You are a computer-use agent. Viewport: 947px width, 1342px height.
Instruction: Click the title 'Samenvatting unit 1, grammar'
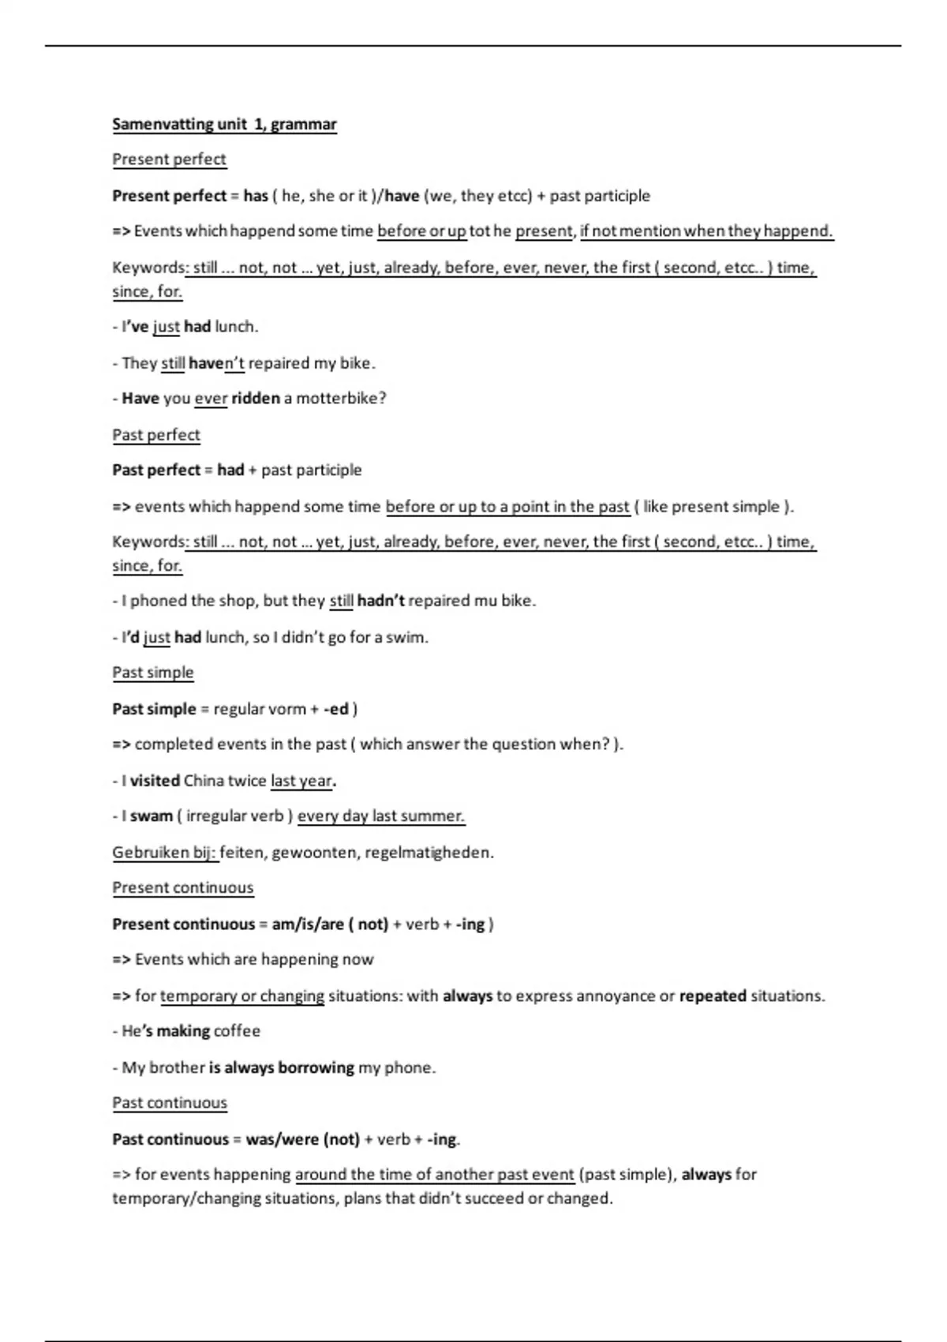224,125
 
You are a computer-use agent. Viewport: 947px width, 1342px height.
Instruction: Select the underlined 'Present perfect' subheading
169,159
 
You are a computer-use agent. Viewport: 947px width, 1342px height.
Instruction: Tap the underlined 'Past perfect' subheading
156,435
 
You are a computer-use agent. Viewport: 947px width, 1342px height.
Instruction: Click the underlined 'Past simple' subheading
153,673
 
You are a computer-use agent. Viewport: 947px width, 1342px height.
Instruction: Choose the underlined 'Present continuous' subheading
183,888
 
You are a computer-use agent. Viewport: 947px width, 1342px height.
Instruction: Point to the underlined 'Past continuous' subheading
170,1103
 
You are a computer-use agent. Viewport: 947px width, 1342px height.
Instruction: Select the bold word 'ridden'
256,399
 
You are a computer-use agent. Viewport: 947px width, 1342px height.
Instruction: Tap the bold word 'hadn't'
380,601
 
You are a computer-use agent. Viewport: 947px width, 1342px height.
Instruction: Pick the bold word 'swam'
151,816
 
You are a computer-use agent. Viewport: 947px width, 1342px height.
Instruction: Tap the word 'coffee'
237,1031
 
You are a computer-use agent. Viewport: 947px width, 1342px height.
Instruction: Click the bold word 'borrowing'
316,1067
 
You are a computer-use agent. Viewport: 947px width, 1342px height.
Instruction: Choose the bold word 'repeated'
713,996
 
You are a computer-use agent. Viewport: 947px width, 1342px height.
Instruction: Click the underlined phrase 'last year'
301,781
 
